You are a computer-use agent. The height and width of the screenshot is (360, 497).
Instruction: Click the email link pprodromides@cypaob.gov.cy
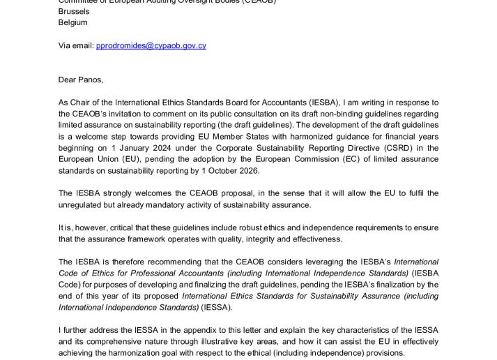[x=160, y=46]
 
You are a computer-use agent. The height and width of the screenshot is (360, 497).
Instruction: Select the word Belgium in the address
[x=73, y=22]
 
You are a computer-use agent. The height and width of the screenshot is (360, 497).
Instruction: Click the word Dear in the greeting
[x=68, y=80]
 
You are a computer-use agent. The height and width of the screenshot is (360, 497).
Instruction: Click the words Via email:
[x=76, y=46]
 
